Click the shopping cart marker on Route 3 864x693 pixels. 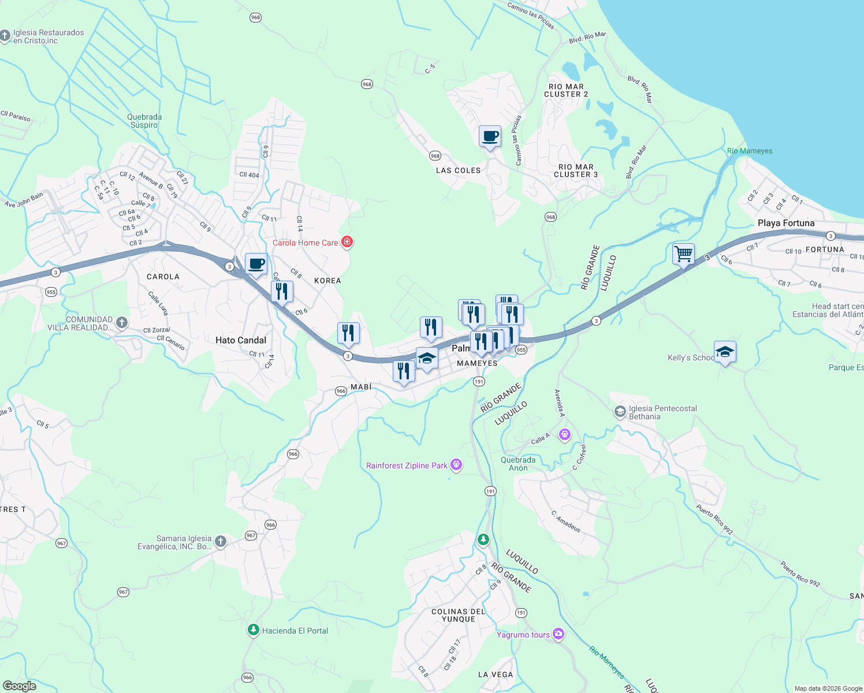coord(683,254)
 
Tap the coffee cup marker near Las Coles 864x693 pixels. coord(490,136)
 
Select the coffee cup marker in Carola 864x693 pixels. coord(256,264)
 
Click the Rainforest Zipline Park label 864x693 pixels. coord(407,465)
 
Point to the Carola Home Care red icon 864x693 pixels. coord(347,242)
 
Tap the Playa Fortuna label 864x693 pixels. coord(786,223)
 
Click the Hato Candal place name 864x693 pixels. coord(241,340)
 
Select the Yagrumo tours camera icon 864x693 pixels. coord(558,634)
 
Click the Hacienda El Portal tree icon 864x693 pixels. coord(253,630)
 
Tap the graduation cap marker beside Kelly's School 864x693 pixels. coord(725,352)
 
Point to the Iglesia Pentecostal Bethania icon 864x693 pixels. coord(620,412)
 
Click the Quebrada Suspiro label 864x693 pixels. coord(144,121)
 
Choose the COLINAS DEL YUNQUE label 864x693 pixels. coord(459,615)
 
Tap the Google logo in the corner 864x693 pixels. coord(20,686)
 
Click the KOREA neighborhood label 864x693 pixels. coord(327,281)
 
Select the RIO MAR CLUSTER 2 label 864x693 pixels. coord(566,90)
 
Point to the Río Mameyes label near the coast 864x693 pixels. coord(750,151)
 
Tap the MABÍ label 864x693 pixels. coord(361,386)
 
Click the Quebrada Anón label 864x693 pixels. coord(518,464)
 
